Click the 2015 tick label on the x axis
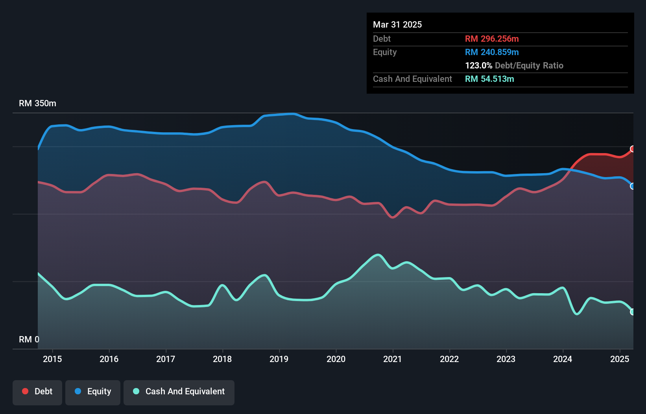click(52, 359)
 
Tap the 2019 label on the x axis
click(279, 359)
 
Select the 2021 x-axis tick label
click(393, 359)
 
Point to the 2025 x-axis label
click(620, 359)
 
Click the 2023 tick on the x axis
click(506, 359)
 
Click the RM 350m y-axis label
click(37, 103)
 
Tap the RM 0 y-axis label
click(29, 339)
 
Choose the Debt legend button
click(37, 392)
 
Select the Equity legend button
click(93, 392)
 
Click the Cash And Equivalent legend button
click(179, 392)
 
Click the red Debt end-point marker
click(633, 149)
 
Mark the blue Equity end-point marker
click(633, 186)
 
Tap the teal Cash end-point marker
click(633, 312)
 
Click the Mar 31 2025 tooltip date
click(397, 24)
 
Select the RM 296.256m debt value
click(492, 39)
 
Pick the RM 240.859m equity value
click(492, 52)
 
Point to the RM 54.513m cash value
click(489, 79)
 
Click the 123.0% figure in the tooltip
click(478, 65)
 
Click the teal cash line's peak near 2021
click(378, 255)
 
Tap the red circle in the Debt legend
click(25, 391)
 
